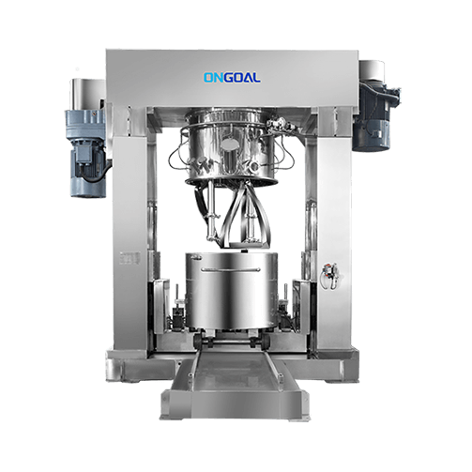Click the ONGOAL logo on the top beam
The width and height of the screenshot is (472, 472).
click(232, 78)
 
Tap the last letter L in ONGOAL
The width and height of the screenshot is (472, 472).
click(257, 78)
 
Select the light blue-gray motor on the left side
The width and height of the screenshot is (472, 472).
click(86, 153)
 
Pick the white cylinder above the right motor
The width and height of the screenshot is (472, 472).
click(372, 70)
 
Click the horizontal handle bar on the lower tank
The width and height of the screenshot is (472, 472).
click(231, 269)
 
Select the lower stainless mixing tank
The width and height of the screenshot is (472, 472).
click(232, 290)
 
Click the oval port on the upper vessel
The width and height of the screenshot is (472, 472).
click(230, 144)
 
